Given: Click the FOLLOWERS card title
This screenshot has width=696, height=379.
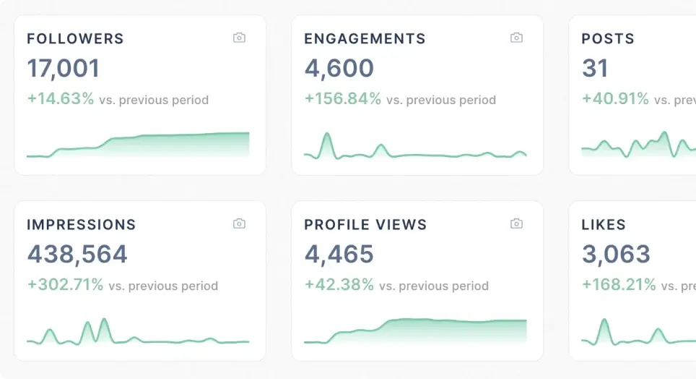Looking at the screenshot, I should coord(75,39).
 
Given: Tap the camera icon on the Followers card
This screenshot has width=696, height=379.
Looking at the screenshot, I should coord(239,38).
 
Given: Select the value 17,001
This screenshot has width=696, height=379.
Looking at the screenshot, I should coord(64,69).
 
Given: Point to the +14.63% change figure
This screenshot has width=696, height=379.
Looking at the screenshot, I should coord(61,99).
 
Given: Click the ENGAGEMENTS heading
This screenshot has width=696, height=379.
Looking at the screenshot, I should coord(365,39).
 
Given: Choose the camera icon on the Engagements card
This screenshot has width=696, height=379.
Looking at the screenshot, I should coord(516,38).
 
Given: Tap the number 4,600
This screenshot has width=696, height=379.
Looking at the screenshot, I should coord(339,69).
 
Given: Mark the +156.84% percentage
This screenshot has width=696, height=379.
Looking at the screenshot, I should coord(342,99).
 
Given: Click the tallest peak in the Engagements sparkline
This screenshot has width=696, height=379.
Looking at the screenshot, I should coord(327,135).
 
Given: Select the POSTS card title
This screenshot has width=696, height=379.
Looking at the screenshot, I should coord(608,39).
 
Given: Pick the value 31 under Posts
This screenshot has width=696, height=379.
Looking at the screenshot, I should coord(595,69).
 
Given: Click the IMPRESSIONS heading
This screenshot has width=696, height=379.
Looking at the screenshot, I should coord(81,225).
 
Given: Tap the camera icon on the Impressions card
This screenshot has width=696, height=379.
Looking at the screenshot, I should coord(239,223).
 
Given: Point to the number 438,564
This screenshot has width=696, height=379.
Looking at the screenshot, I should coord(77,255).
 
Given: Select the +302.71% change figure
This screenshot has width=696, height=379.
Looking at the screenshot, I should coord(65,285).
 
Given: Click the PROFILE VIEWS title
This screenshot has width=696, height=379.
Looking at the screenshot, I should coord(365,225).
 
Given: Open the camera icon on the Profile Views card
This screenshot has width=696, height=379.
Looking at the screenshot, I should coord(516,223).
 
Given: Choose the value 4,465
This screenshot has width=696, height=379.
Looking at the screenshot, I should coord(339,255).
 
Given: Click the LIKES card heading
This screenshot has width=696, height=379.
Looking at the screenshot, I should coord(604,225).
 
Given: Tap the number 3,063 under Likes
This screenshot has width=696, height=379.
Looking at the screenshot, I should coord(616,255).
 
